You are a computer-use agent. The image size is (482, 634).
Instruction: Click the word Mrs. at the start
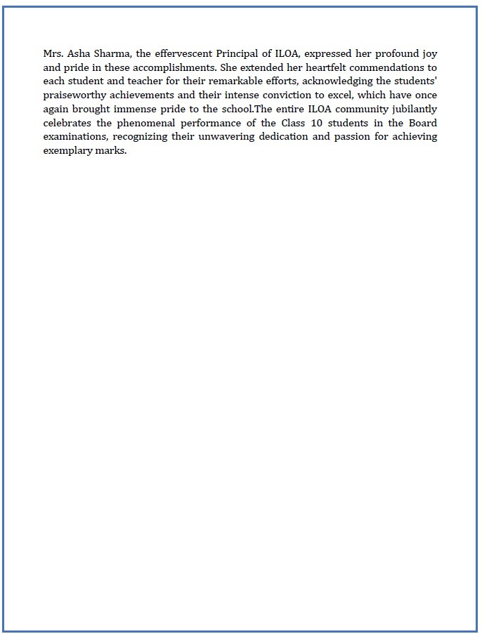point(53,53)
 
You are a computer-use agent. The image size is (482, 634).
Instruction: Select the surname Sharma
point(107,53)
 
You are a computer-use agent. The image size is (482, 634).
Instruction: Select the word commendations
point(389,68)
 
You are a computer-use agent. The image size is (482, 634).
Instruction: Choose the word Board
point(422,123)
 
